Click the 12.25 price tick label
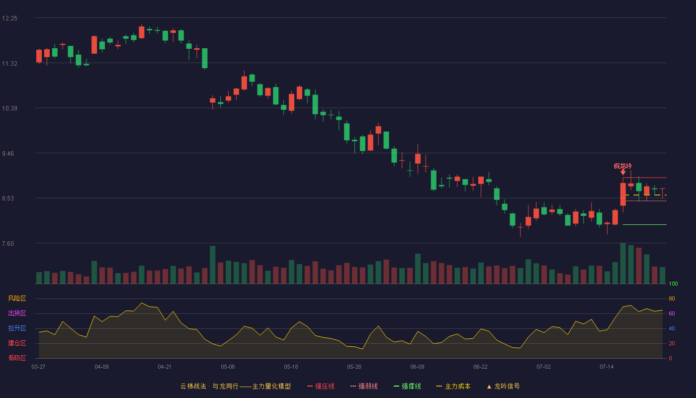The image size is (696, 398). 9,18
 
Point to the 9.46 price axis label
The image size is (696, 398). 8,154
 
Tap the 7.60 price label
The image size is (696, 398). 8,244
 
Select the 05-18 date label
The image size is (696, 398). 291,367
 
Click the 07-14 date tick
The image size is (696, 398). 607,367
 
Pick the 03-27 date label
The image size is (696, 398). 39,367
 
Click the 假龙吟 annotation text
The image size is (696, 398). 622,166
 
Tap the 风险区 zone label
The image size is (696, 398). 17,298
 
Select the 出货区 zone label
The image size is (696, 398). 17,313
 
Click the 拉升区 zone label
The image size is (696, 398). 17,328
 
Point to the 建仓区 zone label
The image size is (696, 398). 17,343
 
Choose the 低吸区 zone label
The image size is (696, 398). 17,358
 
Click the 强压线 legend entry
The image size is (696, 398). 321,386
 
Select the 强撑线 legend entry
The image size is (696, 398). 407,386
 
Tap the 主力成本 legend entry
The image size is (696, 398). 453,386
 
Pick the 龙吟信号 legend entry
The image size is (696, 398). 503,386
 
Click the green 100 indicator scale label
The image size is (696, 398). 673,284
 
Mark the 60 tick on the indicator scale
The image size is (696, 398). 672,313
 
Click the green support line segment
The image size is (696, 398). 645,224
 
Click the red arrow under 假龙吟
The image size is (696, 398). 623,172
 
